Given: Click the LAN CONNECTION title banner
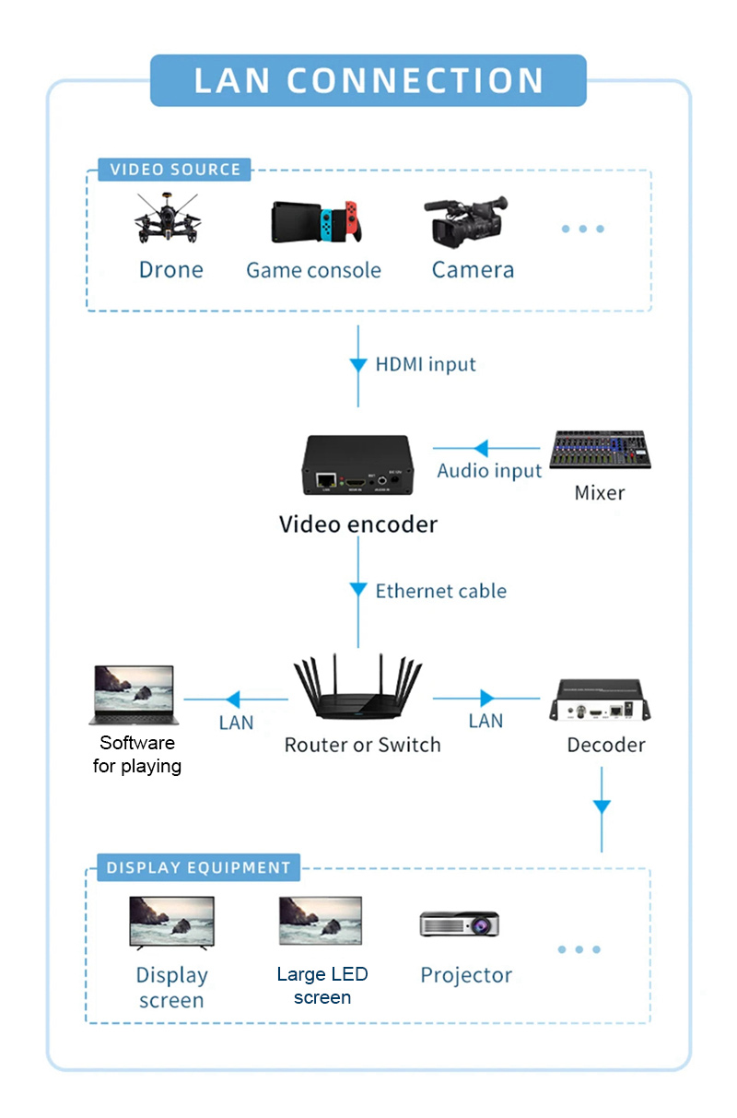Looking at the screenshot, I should click(368, 80).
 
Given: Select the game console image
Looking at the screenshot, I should click(313, 222).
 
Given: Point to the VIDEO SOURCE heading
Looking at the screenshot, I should click(175, 170).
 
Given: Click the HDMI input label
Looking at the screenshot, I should click(426, 364).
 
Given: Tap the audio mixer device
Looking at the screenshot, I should click(600, 451).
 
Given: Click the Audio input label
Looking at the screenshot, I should click(489, 471).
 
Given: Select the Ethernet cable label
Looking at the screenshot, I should click(440, 591).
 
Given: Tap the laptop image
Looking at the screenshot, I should click(133, 695).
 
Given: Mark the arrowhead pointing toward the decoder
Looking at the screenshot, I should click(487, 699).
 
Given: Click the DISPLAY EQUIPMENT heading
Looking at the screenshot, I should click(198, 868).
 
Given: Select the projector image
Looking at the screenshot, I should click(460, 923).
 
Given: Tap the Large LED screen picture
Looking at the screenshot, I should click(321, 921).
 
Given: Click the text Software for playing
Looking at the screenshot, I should click(137, 755).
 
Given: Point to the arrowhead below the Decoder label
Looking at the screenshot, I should click(602, 807).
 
